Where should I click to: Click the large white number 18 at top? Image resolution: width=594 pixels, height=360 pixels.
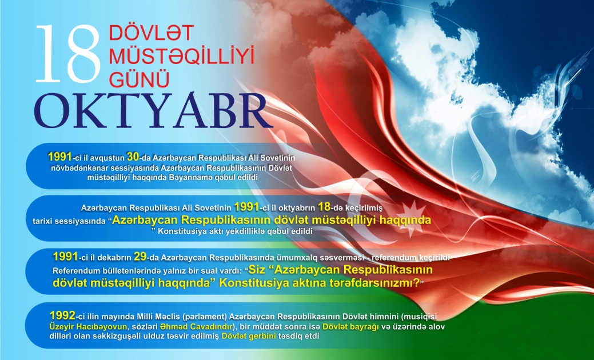click(67, 54)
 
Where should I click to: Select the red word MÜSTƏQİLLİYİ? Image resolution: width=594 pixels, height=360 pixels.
click(181, 56)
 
